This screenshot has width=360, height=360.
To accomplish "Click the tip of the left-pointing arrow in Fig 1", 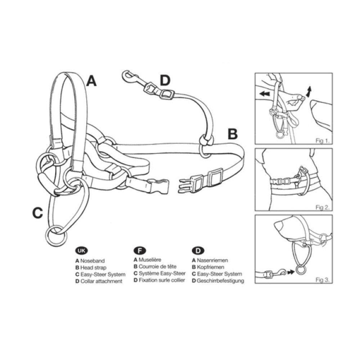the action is (260, 94).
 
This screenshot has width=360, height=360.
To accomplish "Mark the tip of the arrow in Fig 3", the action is (294, 272).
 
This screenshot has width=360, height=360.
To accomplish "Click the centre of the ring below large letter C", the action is (56, 236).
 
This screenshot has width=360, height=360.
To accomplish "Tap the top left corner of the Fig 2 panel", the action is (255, 149).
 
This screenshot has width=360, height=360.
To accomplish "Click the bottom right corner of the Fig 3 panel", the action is (332, 283).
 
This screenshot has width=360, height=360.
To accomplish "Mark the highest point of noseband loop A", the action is (65, 72).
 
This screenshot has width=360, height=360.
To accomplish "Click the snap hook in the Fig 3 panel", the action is (280, 273).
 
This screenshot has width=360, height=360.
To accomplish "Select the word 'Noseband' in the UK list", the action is (92, 261).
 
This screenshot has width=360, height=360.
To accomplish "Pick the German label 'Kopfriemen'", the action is (210, 267).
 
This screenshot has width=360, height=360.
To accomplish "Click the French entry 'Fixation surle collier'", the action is (162, 280).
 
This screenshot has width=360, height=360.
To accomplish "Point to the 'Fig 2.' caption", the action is (323, 208).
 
